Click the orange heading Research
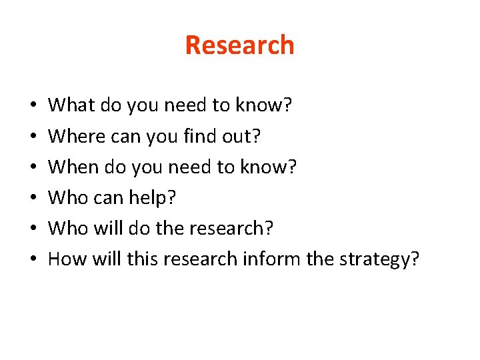[x=239, y=45]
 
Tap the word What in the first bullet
[x=71, y=105]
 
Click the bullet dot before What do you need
[x=33, y=106]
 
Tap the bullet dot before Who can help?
[x=33, y=198]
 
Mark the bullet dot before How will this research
[x=33, y=259]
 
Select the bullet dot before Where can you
[x=33, y=137]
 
